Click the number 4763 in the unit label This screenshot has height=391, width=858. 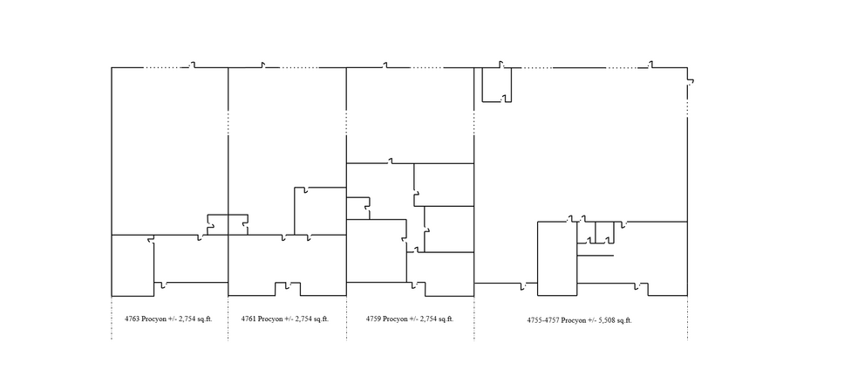(x=133, y=319)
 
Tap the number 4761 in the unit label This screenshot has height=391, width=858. (x=251, y=319)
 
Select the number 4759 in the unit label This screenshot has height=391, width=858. (x=375, y=319)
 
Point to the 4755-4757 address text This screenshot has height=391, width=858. (x=542, y=320)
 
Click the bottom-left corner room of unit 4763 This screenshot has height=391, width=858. (x=133, y=265)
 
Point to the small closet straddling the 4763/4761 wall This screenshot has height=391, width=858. (x=226, y=224)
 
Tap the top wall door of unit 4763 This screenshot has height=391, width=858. (x=194, y=65)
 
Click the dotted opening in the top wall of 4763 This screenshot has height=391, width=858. (x=160, y=67)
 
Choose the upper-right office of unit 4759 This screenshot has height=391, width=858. (x=444, y=183)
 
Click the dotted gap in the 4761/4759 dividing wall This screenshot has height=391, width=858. (x=346, y=122)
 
